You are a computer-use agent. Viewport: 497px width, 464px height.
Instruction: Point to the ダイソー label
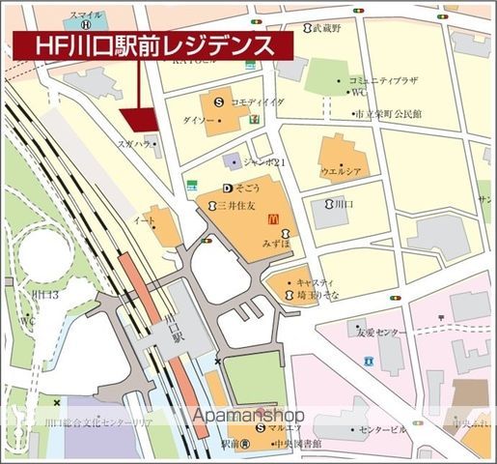point(198,119)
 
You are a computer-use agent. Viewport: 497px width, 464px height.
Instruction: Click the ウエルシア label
point(342,170)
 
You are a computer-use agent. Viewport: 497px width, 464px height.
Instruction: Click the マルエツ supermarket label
point(287,428)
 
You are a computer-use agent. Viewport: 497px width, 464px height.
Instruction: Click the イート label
point(145,221)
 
